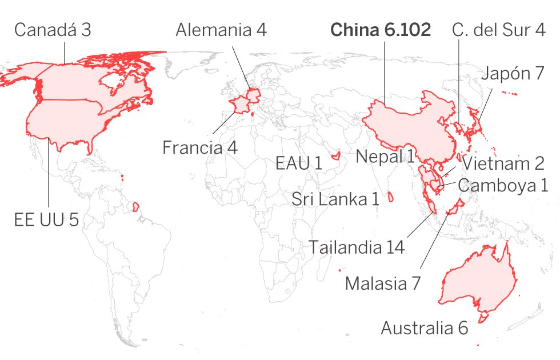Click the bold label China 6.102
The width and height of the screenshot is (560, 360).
point(381,30)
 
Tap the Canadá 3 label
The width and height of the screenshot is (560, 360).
point(52,30)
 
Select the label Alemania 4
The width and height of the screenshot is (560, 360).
point(221,30)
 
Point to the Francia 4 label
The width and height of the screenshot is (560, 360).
point(199,147)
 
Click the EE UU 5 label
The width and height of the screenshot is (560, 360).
point(46,219)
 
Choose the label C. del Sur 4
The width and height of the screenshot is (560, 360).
point(498,30)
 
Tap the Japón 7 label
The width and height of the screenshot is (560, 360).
point(512,74)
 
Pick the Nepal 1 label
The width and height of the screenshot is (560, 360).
point(385,156)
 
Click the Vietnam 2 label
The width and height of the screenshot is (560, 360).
point(503,163)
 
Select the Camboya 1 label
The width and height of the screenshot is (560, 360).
point(503,185)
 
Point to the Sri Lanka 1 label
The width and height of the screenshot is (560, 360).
point(335,199)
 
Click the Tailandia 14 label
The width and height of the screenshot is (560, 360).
point(357,247)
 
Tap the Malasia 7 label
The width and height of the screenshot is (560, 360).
point(383,283)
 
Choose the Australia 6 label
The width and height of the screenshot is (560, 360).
point(424,328)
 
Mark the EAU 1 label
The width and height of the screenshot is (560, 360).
point(298,163)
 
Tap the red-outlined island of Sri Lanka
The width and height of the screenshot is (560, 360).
point(391,197)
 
